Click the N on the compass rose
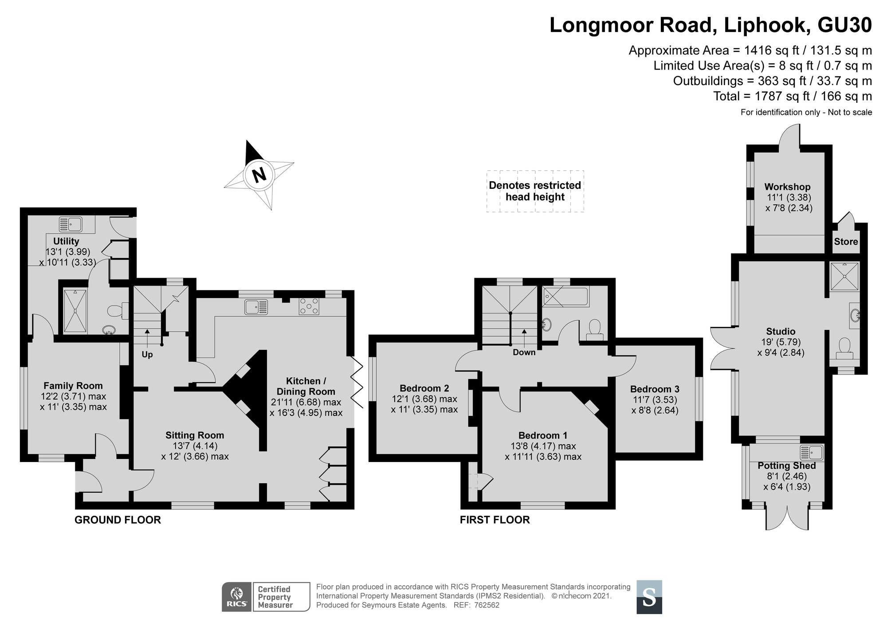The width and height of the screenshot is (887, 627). pyautogui.click(x=259, y=175)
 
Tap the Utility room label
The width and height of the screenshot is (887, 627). pyautogui.click(x=66, y=241)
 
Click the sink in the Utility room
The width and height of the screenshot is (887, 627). pyautogui.click(x=71, y=225)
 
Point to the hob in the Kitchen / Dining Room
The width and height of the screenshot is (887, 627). pyautogui.click(x=309, y=306)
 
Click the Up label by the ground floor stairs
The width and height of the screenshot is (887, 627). pyautogui.click(x=147, y=355)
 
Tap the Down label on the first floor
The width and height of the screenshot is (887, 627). pyautogui.click(x=524, y=353)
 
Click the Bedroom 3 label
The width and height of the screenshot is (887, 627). pyautogui.click(x=655, y=389)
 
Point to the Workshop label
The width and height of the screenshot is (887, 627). pyautogui.click(x=787, y=187)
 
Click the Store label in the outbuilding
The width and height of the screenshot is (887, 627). pyautogui.click(x=846, y=242)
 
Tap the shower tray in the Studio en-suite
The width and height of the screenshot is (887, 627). pyautogui.click(x=844, y=276)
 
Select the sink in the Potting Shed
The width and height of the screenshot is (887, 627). pyautogui.click(x=812, y=453)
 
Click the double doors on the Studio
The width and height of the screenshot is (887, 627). pyautogui.click(x=723, y=348)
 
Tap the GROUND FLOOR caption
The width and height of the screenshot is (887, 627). pyautogui.click(x=118, y=520)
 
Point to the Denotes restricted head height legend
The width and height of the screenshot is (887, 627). pyautogui.click(x=535, y=191)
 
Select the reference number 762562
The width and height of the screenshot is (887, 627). pyautogui.click(x=487, y=605)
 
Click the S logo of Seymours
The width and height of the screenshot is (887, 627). pyautogui.click(x=649, y=597)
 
